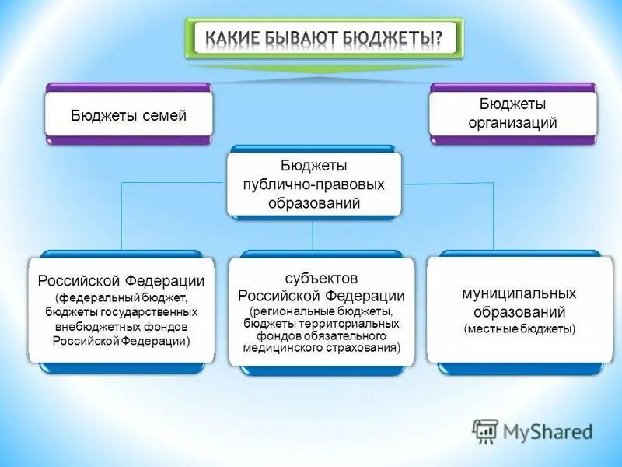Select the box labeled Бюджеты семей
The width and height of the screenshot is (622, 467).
tap(128, 115)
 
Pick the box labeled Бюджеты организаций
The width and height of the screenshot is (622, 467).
tap(512, 113)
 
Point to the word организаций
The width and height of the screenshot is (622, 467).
tap(512, 122)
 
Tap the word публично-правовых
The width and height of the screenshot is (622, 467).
tap(313, 185)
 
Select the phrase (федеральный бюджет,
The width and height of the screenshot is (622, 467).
tap(121, 297)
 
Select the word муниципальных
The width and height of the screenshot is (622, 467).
tap(519, 293)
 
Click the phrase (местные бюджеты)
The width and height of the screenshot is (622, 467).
tap(519, 329)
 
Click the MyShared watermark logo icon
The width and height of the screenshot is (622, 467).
tap(486, 430)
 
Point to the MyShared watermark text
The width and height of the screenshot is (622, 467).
tap(548, 431)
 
